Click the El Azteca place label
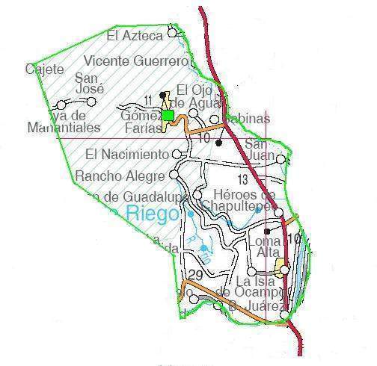pyautogui.click(x=135, y=34)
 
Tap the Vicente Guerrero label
pyautogui.click(x=135, y=61)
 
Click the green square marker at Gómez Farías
pyautogui.click(x=168, y=115)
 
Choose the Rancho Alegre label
pyautogui.click(x=120, y=176)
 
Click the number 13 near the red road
pyautogui.click(x=242, y=179)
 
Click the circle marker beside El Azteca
pyautogui.click(x=174, y=32)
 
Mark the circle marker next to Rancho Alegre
pyautogui.click(x=174, y=175)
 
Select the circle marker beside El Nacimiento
pyautogui.click(x=178, y=154)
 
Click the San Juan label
pyautogui.click(x=257, y=149)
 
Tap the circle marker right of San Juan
pyautogui.click(x=281, y=158)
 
